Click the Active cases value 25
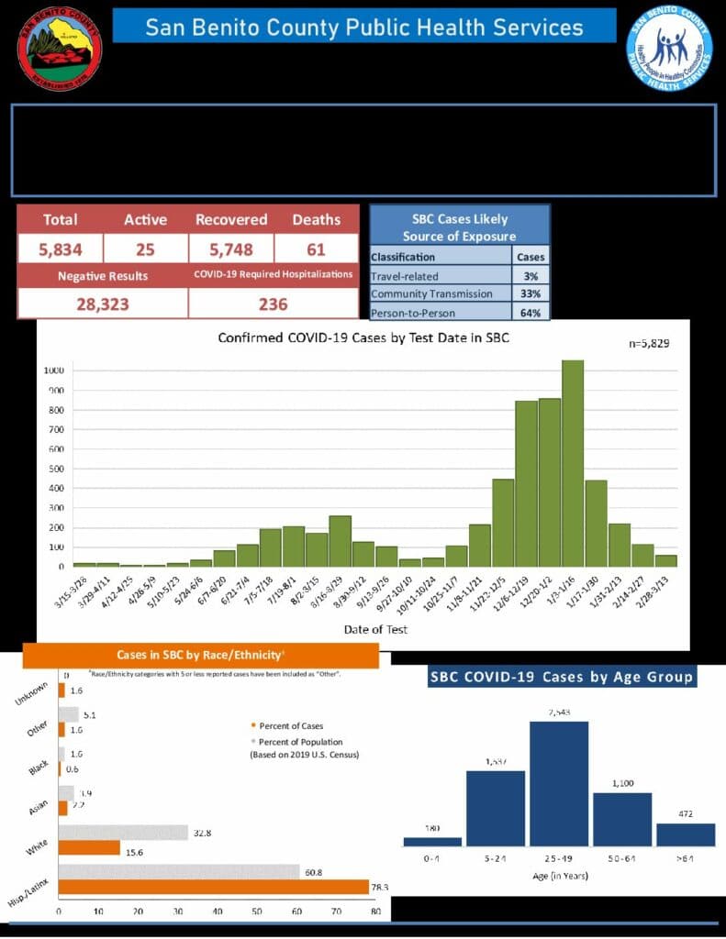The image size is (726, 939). click(x=146, y=249)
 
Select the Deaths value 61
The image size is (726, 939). click(x=316, y=249)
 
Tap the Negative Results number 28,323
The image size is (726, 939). click(x=102, y=304)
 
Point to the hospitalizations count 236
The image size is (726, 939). click(x=273, y=304)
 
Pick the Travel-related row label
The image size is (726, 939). click(x=405, y=275)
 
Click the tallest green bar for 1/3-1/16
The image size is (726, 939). click(x=573, y=463)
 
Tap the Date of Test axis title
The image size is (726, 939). click(x=375, y=629)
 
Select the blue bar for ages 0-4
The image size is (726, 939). click(x=432, y=841)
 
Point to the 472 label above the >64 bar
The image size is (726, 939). click(x=685, y=813)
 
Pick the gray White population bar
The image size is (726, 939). click(x=123, y=833)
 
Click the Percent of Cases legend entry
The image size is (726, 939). click(x=281, y=726)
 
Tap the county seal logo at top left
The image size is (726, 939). click(x=60, y=48)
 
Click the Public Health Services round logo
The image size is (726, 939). click(x=669, y=49)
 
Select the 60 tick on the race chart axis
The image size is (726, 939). click(x=296, y=911)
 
